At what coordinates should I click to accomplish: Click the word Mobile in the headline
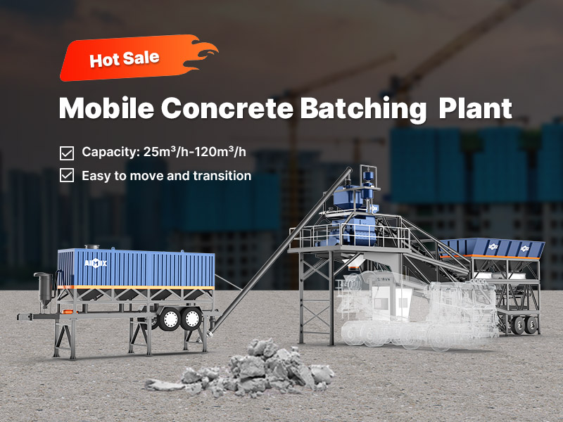(107, 108)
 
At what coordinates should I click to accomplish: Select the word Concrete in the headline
(227, 108)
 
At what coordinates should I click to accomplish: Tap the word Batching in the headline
(363, 109)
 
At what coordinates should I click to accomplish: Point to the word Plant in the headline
(476, 108)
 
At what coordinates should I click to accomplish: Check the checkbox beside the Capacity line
(67, 153)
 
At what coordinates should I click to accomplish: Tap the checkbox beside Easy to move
(67, 175)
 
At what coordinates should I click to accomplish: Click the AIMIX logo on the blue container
(96, 264)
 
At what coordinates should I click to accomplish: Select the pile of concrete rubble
(240, 370)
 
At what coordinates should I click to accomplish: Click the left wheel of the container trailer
(170, 319)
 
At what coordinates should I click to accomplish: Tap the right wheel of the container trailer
(191, 319)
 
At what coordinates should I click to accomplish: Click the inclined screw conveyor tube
(280, 250)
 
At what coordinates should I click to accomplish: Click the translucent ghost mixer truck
(417, 309)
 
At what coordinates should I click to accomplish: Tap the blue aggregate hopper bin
(492, 248)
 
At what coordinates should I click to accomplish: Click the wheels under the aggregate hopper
(524, 325)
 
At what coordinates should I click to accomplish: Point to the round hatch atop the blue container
(92, 247)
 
